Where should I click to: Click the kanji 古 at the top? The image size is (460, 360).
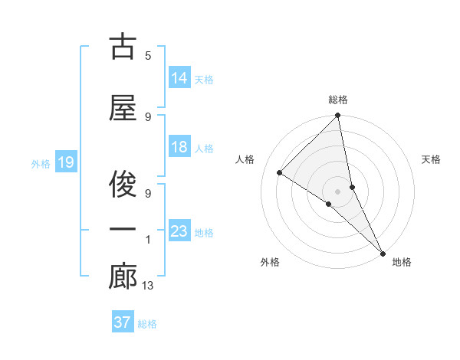[123, 47]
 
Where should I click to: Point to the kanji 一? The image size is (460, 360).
[123, 229]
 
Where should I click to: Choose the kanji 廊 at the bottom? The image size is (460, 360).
[123, 278]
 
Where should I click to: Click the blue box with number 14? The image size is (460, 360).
[179, 77]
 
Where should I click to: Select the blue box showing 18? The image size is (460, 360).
[179, 147]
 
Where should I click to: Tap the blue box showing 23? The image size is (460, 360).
[179, 231]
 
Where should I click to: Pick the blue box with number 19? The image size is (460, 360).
[65, 162]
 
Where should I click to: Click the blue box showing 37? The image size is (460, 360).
[123, 322]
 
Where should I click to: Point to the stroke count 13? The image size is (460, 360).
[147, 286]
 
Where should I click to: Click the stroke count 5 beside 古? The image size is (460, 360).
[147, 55]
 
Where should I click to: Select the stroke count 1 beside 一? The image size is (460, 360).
[147, 241]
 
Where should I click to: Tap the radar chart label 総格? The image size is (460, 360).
[338, 100]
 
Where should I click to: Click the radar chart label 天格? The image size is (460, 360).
[431, 159]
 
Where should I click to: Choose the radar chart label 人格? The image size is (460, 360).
[245, 159]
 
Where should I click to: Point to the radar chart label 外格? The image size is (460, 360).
[270, 262]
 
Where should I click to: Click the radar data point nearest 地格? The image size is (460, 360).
[383, 254]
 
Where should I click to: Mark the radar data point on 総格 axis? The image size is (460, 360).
[338, 116]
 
